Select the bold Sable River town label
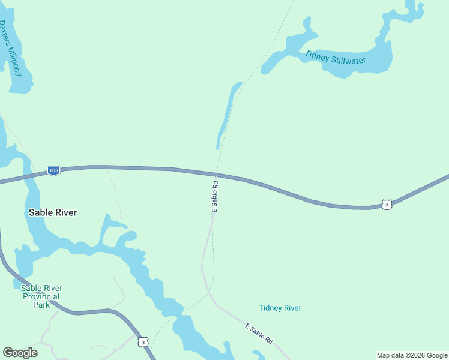(53, 212)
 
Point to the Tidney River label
(280, 308)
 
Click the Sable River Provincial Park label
(41, 296)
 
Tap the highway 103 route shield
(54, 171)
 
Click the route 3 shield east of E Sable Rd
(388, 205)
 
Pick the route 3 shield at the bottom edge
(142, 342)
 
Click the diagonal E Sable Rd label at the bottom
(259, 334)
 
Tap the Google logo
(20, 353)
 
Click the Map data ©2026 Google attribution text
(412, 355)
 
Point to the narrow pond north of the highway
(226, 114)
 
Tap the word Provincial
(41, 296)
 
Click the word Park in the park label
(41, 304)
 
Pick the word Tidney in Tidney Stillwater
(317, 55)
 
